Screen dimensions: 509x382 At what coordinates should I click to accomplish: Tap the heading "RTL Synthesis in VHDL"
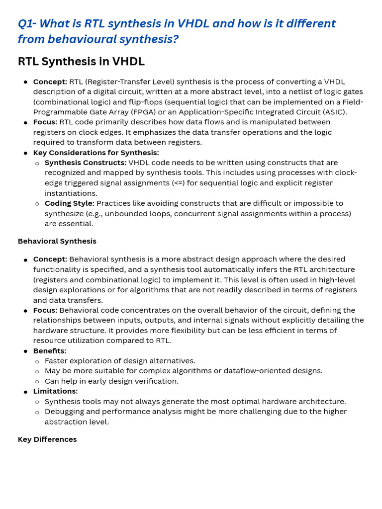click(x=81, y=62)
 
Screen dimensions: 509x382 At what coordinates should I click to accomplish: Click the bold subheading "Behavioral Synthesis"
click(x=57, y=241)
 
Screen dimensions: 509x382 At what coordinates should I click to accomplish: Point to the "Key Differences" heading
click(x=47, y=439)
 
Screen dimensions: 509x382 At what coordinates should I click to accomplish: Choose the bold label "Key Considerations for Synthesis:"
click(x=96, y=153)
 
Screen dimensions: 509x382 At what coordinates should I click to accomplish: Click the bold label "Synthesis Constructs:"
click(x=85, y=163)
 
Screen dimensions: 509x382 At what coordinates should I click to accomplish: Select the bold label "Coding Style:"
click(x=69, y=203)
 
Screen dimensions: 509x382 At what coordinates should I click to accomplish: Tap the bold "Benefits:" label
click(x=50, y=351)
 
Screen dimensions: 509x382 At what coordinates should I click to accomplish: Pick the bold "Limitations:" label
click(x=55, y=391)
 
